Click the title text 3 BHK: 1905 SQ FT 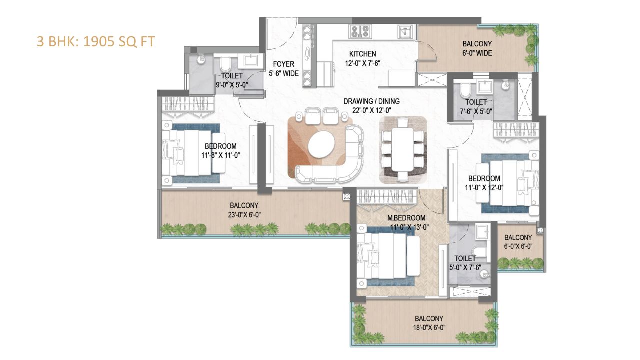click(x=96, y=41)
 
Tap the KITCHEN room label click(x=362, y=54)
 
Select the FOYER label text click(x=283, y=64)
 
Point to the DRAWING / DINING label click(x=371, y=101)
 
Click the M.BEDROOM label click(x=406, y=218)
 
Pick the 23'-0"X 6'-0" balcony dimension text click(x=244, y=215)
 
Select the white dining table click(x=402, y=149)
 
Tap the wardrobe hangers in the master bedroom click(x=387, y=196)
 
